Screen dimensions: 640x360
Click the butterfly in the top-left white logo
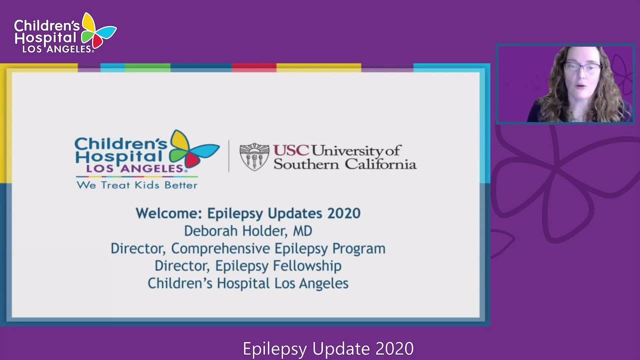point(98,31)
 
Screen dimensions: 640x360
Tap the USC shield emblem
point(254,157)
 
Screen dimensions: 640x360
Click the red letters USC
point(291,150)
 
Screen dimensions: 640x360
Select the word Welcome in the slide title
point(169,213)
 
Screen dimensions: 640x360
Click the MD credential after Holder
point(302,231)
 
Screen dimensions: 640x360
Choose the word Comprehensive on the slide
point(220,248)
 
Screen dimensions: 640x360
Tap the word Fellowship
point(307,265)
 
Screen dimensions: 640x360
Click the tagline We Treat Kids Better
point(137,185)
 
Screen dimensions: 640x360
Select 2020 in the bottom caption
point(394,348)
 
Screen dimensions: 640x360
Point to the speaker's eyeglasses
point(583,67)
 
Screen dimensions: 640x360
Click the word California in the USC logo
point(380,164)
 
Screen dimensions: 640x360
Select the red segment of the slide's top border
point(254,67)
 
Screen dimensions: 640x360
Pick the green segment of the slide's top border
point(147,67)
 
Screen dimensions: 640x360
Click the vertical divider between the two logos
point(228,156)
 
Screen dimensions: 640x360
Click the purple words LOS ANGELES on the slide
point(134,168)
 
